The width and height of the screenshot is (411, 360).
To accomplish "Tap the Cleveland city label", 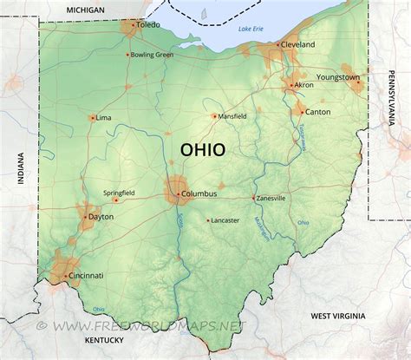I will pos(297,44).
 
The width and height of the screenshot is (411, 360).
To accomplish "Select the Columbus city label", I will pos(199,193).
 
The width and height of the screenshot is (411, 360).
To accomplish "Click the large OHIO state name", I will pos(202,149).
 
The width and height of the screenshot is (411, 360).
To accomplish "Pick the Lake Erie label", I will pos(251,29).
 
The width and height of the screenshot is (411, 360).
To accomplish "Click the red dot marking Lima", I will pos(92,117).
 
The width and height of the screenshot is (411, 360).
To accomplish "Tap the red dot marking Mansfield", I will pos(215,115).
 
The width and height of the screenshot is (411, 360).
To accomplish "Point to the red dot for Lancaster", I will pos(208,220).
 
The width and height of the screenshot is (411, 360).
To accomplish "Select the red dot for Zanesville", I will pos(253,198).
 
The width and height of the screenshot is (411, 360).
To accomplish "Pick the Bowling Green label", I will pos(153,55).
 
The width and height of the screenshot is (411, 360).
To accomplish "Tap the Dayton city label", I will pos(101,217).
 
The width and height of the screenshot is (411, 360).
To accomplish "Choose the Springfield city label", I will pos(118,192).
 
